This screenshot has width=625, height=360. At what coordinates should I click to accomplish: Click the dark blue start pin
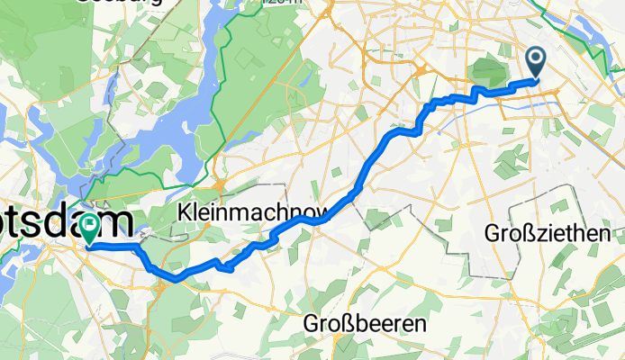point(536,63)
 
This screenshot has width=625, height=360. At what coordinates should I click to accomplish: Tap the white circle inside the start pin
point(536,59)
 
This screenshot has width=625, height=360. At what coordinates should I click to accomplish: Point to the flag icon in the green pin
point(91,223)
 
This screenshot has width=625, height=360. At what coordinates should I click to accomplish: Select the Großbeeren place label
point(364,322)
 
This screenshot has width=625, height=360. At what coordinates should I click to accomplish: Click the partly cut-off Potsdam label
point(36,220)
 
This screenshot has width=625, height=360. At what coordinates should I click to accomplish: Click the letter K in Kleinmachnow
point(186,214)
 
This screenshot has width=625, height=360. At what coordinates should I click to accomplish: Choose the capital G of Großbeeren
point(312,322)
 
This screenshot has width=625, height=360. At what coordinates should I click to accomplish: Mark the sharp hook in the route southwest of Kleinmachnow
point(229,266)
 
